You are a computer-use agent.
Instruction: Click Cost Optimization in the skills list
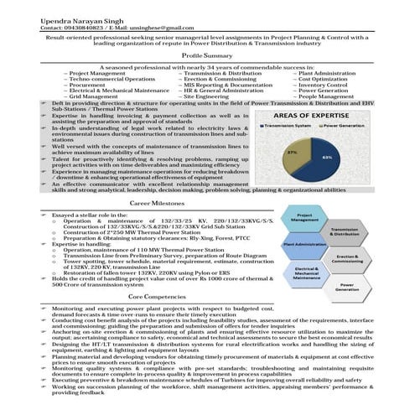click(x=326, y=79)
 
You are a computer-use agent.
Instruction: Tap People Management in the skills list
click(x=329, y=96)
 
